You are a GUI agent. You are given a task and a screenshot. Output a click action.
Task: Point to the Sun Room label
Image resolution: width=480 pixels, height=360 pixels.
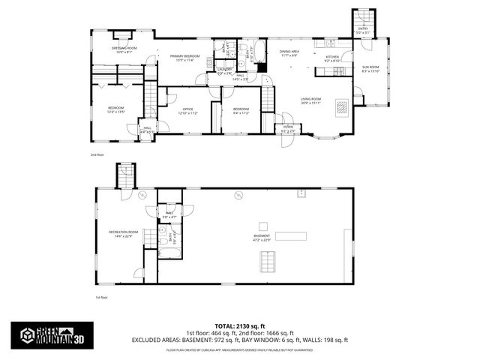tap(371, 69)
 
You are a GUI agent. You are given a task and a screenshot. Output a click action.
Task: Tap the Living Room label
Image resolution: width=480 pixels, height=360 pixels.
tap(311, 100)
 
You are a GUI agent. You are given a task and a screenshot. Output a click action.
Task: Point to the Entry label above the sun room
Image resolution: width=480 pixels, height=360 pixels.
tap(363, 30)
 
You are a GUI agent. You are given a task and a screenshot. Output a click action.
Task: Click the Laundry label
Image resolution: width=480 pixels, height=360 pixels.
tap(224, 70)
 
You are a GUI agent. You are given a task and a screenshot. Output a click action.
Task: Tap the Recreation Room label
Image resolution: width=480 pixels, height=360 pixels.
tap(124, 234)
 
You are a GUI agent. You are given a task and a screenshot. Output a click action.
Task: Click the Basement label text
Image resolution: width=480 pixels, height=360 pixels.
tap(262, 237)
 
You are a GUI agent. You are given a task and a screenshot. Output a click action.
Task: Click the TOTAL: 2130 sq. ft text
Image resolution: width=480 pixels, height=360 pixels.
tap(240, 325)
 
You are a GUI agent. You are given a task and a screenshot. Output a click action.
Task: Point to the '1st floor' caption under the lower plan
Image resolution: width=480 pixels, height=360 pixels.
tap(101, 297)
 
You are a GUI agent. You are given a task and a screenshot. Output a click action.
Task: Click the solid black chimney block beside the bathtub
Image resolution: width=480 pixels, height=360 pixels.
tap(262, 67)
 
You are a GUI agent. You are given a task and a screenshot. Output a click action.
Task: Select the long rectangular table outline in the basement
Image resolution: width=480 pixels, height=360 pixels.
tap(291, 235)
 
